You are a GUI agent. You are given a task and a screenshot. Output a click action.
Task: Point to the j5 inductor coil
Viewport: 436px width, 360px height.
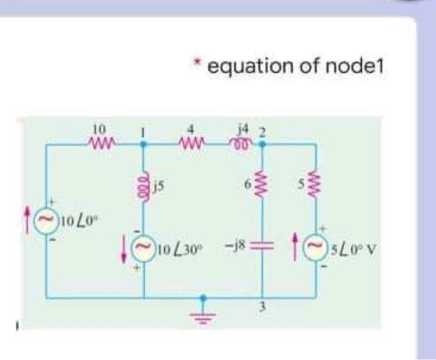point(144,185)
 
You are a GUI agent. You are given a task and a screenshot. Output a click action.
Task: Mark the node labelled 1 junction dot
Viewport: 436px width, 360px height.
point(144,144)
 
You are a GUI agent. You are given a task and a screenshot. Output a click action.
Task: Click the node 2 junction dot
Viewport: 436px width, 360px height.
point(262,144)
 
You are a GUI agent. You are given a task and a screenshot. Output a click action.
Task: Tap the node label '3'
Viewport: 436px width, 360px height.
point(262,307)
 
